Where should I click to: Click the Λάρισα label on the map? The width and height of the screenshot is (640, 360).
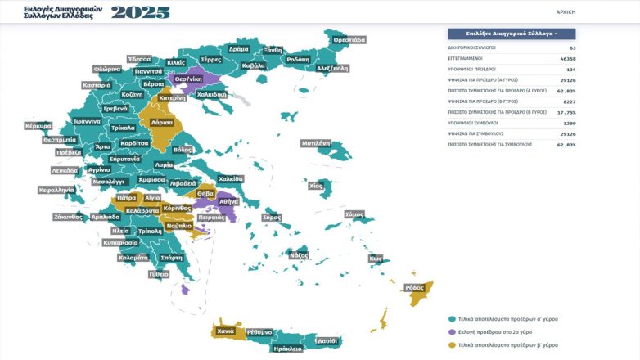(x=161, y=122)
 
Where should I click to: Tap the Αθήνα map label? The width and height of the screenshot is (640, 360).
(x=228, y=201)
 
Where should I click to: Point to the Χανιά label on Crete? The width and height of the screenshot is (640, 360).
(x=226, y=331)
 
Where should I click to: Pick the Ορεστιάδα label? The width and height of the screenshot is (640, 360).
(x=349, y=39)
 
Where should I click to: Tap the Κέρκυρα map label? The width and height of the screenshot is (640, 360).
(x=38, y=127)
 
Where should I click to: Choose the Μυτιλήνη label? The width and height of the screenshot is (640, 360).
(x=315, y=143)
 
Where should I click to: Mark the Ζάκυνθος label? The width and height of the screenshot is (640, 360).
(x=68, y=217)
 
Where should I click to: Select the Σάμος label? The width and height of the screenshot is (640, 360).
(x=354, y=214)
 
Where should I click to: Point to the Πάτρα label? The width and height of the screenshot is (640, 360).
(x=126, y=198)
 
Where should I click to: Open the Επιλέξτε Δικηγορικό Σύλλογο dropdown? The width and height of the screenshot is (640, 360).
(x=512, y=34)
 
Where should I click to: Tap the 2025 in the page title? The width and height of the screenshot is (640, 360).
(x=141, y=12)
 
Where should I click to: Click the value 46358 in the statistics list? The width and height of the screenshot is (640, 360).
(x=566, y=58)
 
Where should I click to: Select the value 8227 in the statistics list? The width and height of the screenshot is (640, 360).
(x=569, y=101)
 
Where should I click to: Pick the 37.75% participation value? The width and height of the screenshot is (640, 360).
(x=566, y=111)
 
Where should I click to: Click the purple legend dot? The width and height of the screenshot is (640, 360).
(x=451, y=331)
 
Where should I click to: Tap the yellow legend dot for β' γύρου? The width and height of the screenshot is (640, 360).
(x=451, y=344)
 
